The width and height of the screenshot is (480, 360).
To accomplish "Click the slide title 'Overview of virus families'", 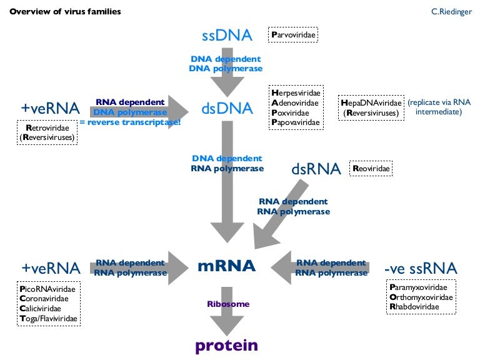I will pos(65,11).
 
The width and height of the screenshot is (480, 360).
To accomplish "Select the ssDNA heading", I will pos(227,35).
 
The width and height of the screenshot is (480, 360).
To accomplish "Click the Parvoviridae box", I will pos(293,34).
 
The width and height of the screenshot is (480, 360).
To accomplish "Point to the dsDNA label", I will pos(227,109).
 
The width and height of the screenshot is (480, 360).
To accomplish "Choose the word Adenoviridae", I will pos(295,102).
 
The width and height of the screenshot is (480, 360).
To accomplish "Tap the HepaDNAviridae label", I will pos(371,102).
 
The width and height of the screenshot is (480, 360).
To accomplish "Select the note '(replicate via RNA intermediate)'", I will pos(439,107).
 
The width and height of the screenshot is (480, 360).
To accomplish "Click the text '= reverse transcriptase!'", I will pos(130,122).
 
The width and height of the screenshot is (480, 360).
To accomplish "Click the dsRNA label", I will pos(316,169).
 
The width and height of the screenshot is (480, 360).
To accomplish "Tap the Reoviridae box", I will pos(372,168).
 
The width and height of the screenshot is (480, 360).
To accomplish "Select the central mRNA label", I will pos(226,266).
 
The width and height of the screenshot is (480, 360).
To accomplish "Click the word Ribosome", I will pos(228,304).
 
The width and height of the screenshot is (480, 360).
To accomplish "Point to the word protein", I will pos(226,346).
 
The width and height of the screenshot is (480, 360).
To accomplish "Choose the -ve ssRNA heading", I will pos(421,269).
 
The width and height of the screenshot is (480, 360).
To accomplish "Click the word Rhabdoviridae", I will pos(417,307).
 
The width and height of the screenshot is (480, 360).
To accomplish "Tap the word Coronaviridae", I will pos(47,299).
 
